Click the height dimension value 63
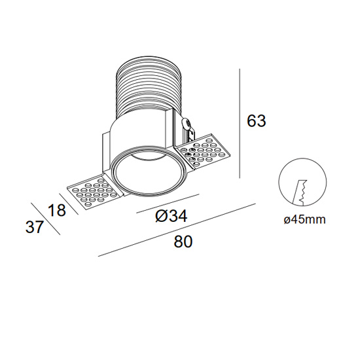tap(256, 121)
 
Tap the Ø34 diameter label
tap(171, 217)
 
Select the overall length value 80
tap(183, 242)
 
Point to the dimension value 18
tap(57, 210)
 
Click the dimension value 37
tap(35, 227)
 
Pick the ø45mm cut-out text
tap(304, 220)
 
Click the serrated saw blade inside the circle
tap(300, 192)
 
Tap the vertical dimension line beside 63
tap(240, 123)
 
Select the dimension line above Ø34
tap(168, 204)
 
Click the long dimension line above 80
tap(177, 230)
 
